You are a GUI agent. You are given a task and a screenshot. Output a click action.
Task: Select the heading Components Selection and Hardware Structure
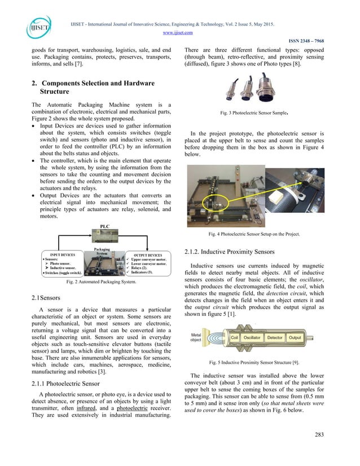(x=93, y=87)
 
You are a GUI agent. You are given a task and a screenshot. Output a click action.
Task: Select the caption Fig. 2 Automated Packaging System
(x=102, y=281)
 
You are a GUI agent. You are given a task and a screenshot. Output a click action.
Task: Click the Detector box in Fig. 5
(x=275, y=337)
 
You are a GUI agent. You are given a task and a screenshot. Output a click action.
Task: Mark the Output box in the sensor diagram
(x=295, y=337)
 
